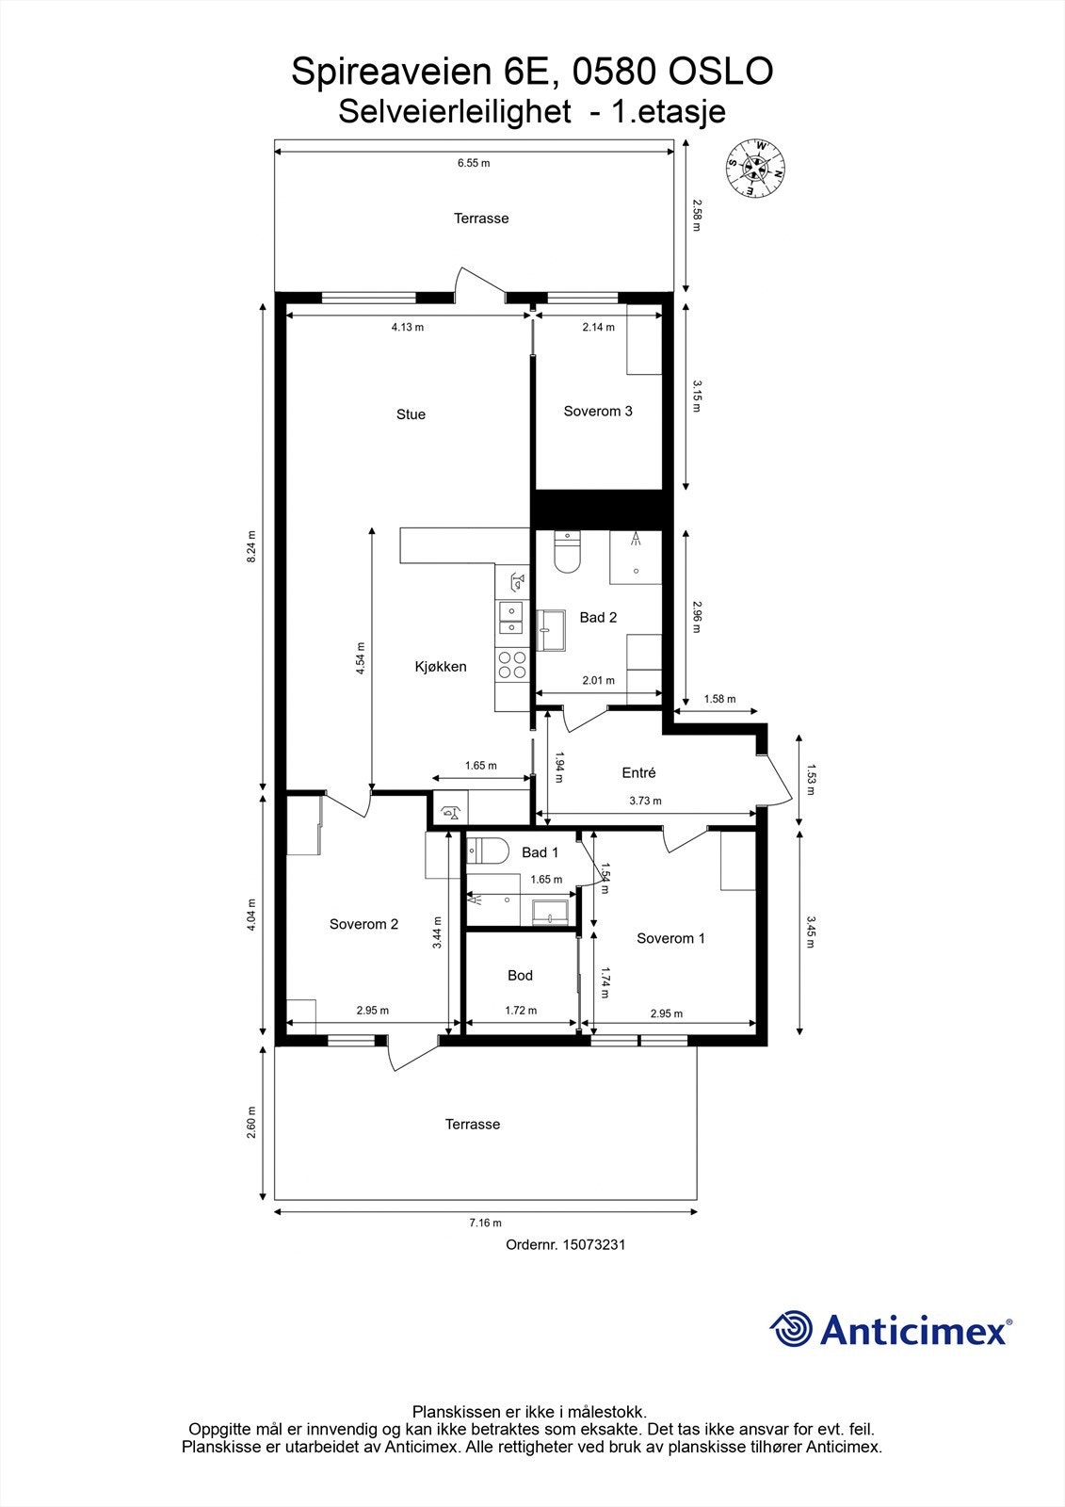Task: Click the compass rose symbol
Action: point(756,168)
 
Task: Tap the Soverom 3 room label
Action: point(598,411)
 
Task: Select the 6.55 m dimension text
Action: point(474,163)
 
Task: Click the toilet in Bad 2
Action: point(567,554)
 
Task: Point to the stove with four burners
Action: point(512,665)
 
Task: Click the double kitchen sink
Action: point(509,617)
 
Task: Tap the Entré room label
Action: point(638,772)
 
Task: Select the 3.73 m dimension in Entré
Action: point(645,801)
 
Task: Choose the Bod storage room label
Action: point(520,975)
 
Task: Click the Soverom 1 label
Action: point(670,938)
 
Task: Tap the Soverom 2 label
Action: point(363,924)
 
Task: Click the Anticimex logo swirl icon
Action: point(791,1330)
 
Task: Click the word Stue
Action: point(411,414)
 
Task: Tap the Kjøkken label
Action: point(441,666)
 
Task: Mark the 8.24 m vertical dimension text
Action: point(251,546)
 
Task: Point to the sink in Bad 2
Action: point(551,629)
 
